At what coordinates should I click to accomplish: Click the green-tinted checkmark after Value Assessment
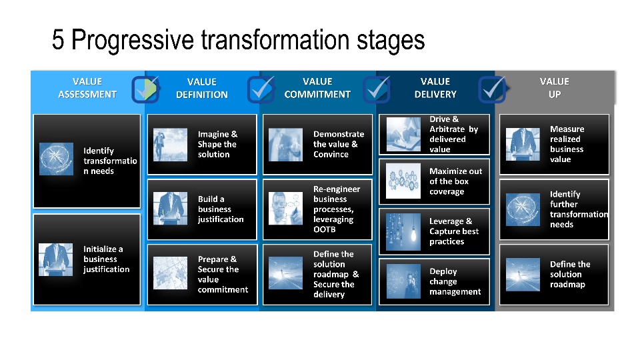(x=146, y=89)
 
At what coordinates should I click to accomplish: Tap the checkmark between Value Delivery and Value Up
(x=492, y=89)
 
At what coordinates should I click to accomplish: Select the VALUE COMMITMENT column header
(x=317, y=88)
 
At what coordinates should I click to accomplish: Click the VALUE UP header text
(x=554, y=88)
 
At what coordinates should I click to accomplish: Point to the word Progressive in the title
(x=133, y=40)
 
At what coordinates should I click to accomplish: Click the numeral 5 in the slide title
(x=58, y=39)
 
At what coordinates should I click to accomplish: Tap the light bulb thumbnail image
(x=403, y=232)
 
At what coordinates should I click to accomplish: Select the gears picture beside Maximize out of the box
(x=403, y=181)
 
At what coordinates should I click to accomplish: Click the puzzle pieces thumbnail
(x=170, y=273)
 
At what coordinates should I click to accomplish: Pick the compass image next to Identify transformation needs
(x=56, y=159)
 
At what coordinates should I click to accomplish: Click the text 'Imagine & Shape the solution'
(x=217, y=144)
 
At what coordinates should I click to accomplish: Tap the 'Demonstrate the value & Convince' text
(x=339, y=144)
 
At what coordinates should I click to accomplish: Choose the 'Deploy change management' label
(x=455, y=281)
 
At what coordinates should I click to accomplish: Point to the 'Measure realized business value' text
(x=567, y=144)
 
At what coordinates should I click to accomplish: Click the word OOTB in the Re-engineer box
(x=325, y=229)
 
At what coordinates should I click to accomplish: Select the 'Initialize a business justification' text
(x=106, y=259)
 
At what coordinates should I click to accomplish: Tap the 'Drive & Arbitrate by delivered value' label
(x=453, y=134)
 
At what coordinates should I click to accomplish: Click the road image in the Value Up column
(x=523, y=274)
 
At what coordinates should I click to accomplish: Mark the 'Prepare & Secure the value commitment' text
(x=223, y=274)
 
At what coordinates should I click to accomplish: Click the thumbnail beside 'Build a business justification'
(x=170, y=208)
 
